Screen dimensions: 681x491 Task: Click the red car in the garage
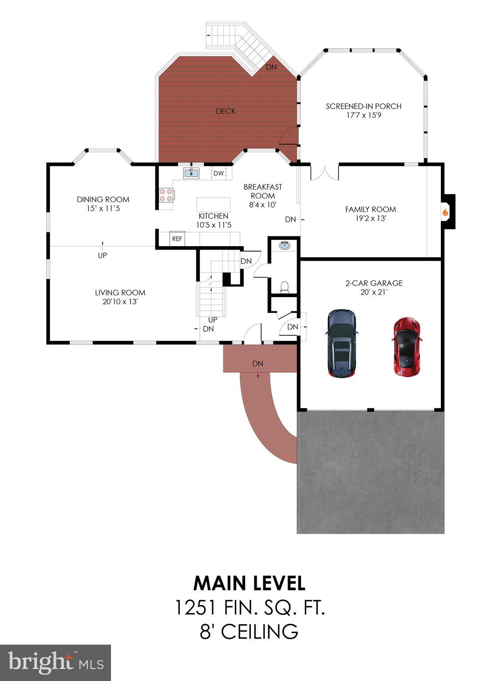tap(407, 346)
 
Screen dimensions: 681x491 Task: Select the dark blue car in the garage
tap(341, 343)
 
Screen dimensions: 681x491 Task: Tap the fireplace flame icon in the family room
tap(445, 212)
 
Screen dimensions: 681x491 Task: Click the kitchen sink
tap(192, 173)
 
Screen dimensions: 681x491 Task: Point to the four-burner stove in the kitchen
tap(166, 195)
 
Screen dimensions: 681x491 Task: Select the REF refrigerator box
tap(177, 239)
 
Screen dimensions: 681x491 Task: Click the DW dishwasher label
tap(218, 173)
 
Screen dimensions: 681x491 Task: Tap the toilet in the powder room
tap(285, 287)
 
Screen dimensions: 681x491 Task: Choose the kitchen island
tap(214, 205)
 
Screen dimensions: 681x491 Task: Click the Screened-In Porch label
tap(364, 106)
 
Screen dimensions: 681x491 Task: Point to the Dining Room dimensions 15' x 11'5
tap(103, 208)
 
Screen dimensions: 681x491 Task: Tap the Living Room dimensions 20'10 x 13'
tap(120, 302)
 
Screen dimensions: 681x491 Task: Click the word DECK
tap(226, 111)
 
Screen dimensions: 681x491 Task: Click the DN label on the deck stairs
tap(271, 67)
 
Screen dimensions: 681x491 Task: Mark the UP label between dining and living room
tap(102, 255)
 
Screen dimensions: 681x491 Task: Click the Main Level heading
tap(249, 583)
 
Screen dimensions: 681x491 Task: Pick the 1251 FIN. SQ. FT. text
tap(250, 607)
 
